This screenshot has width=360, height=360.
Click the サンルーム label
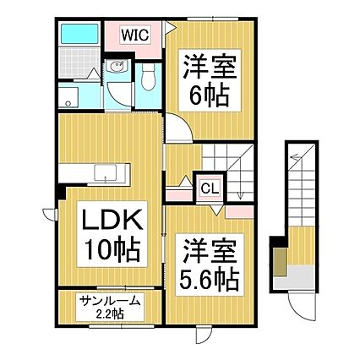(x=108, y=303)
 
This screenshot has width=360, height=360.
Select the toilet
(x=150, y=79)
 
